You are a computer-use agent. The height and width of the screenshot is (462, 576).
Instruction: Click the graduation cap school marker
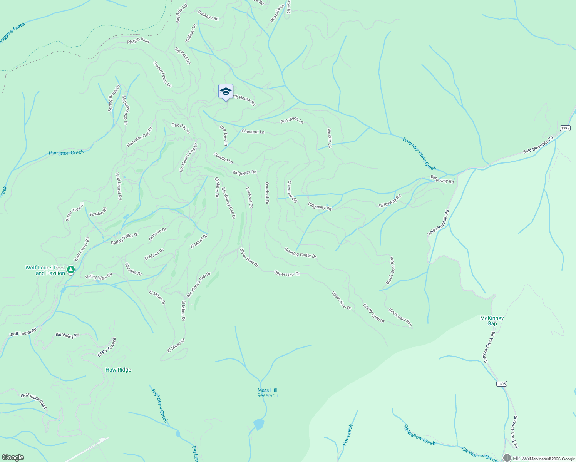tap(226, 92)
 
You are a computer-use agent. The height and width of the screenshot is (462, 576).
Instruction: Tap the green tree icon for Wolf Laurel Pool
tap(70, 270)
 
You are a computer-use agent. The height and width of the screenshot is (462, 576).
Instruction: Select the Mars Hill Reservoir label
tap(268, 393)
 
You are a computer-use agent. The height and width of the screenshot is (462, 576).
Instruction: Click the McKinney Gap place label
tap(492, 321)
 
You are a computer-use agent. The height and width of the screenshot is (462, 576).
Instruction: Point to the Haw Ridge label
tap(118, 370)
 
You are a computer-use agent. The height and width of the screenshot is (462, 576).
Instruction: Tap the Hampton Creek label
tap(66, 153)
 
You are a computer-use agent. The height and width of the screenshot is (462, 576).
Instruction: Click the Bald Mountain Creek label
tap(419, 154)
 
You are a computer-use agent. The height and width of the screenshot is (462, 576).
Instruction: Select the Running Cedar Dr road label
tap(300, 253)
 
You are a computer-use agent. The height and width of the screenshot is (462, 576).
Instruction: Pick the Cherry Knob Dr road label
tap(373, 313)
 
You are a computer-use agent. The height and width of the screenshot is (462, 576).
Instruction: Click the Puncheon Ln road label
tap(292, 121)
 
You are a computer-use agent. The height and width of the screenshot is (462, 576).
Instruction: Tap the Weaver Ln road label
tap(329, 138)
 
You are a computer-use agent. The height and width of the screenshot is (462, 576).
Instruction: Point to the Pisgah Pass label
tap(138, 40)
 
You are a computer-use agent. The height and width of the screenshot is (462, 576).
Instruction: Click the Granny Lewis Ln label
tap(162, 74)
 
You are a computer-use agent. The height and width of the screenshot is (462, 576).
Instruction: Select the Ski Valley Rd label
tap(67, 335)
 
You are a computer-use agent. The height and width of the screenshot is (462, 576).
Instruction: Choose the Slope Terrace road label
tap(107, 347)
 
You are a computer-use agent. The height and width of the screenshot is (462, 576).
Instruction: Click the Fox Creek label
tap(347, 435)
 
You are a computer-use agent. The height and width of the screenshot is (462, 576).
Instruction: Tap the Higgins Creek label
tap(12, 32)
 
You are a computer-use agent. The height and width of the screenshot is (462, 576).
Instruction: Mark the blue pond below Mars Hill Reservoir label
tap(259, 425)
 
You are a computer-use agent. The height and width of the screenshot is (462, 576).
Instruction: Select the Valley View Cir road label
tap(99, 276)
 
